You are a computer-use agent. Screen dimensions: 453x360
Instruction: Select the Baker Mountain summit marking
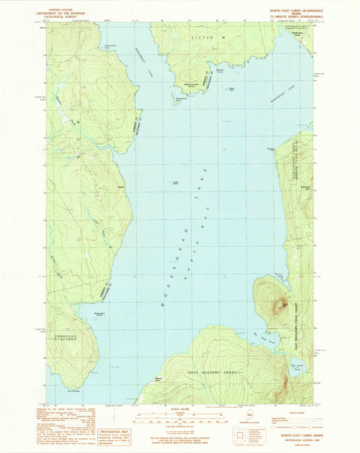286,305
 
